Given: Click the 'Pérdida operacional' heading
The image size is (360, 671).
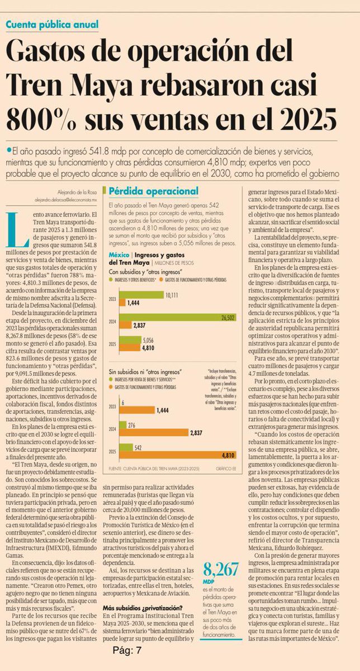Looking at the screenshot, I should tap(154, 191).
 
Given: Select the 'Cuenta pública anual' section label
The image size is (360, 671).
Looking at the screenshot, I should tap(53, 25).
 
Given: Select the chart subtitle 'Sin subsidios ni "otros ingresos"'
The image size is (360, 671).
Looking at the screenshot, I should tap(142, 371).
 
